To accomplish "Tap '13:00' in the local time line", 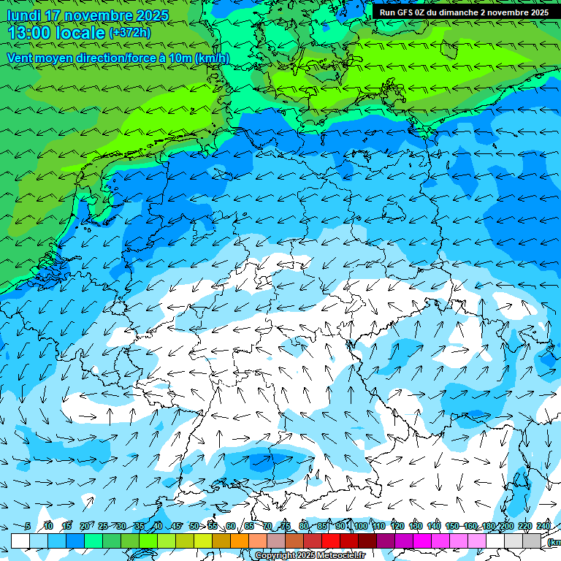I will (x=28, y=33).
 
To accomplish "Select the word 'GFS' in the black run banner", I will (x=407, y=12).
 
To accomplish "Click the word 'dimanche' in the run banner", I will (x=457, y=12).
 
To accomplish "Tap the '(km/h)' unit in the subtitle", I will (x=211, y=58).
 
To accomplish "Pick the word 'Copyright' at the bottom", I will (x=275, y=556).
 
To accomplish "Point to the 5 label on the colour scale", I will (x=27, y=526).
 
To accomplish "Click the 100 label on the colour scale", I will (x=361, y=526).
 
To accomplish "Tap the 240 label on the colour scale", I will (x=543, y=526).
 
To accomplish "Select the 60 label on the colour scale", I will (x=231, y=526).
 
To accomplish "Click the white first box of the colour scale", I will (x=20, y=541).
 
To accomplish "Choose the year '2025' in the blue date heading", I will (x=150, y=15).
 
